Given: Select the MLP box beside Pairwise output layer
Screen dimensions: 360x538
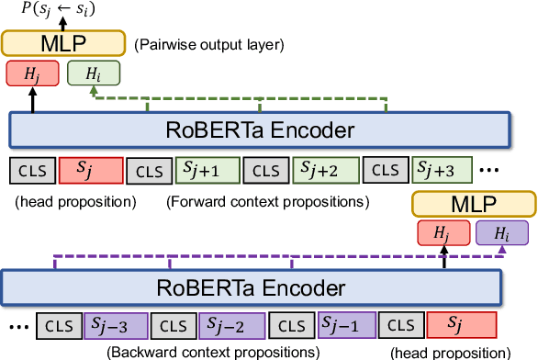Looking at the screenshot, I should click(x=62, y=42).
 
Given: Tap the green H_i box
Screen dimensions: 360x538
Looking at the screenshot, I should click(x=86, y=73).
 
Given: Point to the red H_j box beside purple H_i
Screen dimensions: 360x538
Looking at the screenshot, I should click(x=443, y=233).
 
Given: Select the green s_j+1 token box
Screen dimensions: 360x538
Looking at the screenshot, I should click(x=208, y=170).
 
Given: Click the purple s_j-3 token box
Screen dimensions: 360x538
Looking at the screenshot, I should click(x=115, y=325).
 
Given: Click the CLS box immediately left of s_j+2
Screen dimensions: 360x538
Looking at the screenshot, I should click(x=265, y=170).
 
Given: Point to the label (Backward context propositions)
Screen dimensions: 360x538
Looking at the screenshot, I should click(x=213, y=352).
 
